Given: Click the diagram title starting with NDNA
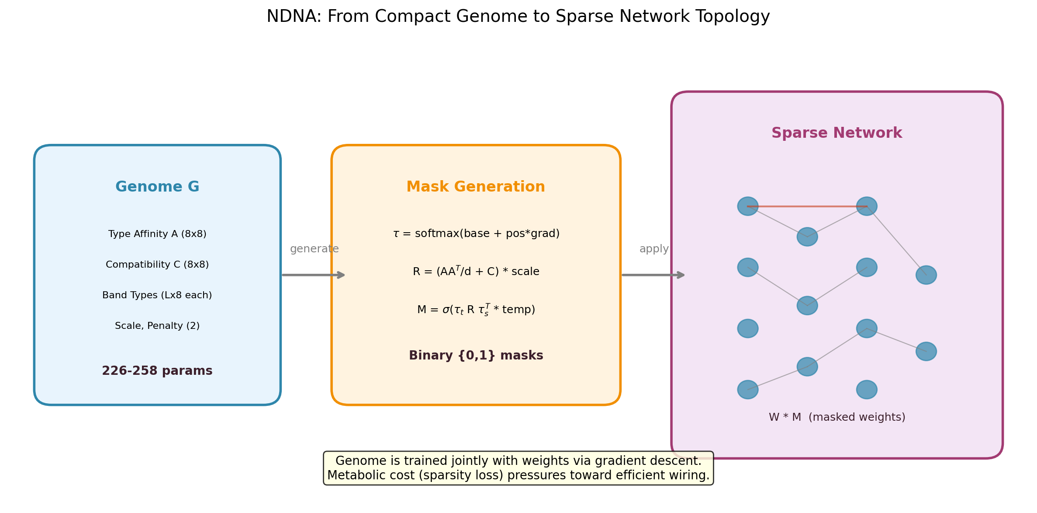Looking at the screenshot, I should click(x=518, y=17).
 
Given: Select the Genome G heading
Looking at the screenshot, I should click(x=157, y=187).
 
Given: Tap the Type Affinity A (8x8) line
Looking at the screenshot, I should click(x=157, y=234).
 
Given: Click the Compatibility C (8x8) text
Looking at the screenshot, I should click(x=157, y=265).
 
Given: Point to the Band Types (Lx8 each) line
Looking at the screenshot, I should click(x=157, y=295).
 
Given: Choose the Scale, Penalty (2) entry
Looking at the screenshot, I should click(x=157, y=326).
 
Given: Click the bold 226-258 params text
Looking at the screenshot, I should click(x=157, y=371).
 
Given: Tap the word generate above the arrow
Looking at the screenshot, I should click(x=314, y=249).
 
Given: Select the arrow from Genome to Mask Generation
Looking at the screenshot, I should click(x=313, y=275).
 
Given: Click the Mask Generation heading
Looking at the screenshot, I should click(x=476, y=187).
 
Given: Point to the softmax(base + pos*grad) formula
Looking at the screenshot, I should click(x=476, y=234).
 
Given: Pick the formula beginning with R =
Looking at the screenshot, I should click(x=476, y=272).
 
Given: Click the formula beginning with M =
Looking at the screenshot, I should click(x=476, y=310).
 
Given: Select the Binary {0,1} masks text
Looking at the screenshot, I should click(x=476, y=356).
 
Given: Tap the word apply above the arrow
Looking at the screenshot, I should click(x=654, y=249).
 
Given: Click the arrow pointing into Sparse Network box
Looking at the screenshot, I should click(x=653, y=275).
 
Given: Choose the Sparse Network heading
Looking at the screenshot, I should click(x=837, y=133).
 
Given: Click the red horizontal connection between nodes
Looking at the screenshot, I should click(x=807, y=206).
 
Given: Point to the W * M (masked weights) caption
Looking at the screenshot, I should click(x=837, y=417).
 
